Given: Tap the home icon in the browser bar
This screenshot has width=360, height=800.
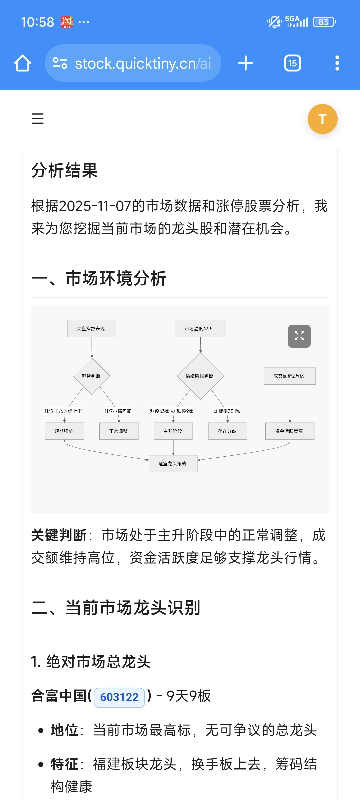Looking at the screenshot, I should pyautogui.click(x=23, y=63).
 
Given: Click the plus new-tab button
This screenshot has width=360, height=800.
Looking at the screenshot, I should pyautogui.click(x=246, y=63).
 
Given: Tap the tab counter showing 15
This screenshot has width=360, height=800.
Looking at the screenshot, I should pyautogui.click(x=292, y=63).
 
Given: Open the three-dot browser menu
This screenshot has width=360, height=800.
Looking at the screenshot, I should pyautogui.click(x=337, y=63).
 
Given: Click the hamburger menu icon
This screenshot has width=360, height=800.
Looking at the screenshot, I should pyautogui.click(x=37, y=119).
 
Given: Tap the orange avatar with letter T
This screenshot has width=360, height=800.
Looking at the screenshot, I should pyautogui.click(x=322, y=119).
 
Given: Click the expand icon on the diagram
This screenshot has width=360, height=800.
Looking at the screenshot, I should pyautogui.click(x=299, y=336).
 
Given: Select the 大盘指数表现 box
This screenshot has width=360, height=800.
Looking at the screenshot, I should pyautogui.click(x=91, y=329).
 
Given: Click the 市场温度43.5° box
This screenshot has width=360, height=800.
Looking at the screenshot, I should pyautogui.click(x=200, y=329).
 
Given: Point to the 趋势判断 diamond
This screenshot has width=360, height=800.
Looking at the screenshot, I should pyautogui.click(x=91, y=376).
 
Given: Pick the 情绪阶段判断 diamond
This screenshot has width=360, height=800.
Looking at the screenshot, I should pyautogui.click(x=200, y=376).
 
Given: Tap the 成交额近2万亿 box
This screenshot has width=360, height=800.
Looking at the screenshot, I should pyautogui.click(x=289, y=376).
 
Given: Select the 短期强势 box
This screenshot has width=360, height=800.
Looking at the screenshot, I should pyautogui.click(x=64, y=431).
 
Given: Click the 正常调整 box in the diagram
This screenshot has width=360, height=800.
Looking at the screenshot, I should pyautogui.click(x=119, y=431).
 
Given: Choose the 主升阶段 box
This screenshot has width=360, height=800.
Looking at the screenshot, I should pyautogui.click(x=173, y=431).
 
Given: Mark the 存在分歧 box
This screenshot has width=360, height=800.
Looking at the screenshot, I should pyautogui.click(x=227, y=431).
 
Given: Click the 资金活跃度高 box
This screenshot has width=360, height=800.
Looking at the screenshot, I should pyautogui.click(x=289, y=431).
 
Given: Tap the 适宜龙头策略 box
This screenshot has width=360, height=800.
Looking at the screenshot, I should pyautogui.click(x=173, y=464).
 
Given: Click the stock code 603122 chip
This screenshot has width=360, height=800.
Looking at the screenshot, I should pyautogui.click(x=119, y=697).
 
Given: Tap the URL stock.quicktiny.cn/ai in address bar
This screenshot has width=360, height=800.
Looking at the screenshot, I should pyautogui.click(x=143, y=63).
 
